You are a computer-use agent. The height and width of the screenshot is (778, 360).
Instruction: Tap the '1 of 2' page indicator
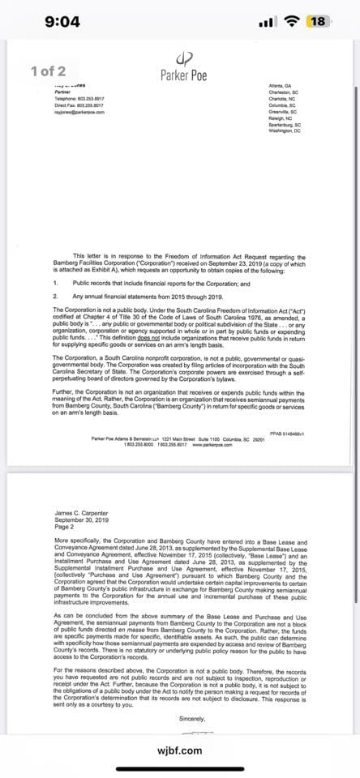coord(49,71)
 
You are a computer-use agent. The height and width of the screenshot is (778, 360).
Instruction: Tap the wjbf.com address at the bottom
coord(180,750)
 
